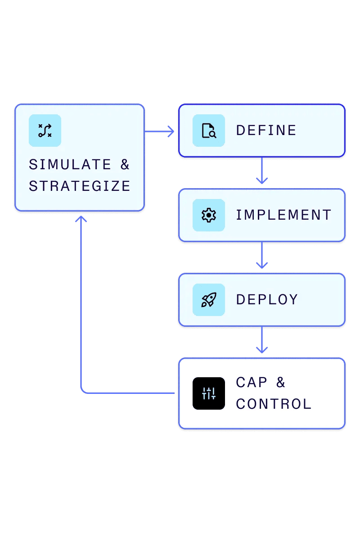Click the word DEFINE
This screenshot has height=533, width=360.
pyautogui.click(x=266, y=131)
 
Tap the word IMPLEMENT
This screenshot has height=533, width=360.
pyautogui.click(x=283, y=215)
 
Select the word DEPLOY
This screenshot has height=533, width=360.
pyautogui.click(x=267, y=300)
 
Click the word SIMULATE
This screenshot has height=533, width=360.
pyautogui.click(x=70, y=165)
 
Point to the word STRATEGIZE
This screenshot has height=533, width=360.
pyautogui.click(x=80, y=186)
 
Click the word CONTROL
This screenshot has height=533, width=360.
pyautogui.click(x=274, y=404)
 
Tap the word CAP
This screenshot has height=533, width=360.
pyautogui.click(x=252, y=383)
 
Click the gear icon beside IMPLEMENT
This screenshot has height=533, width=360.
pyautogui.click(x=209, y=215)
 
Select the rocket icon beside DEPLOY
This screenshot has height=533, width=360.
pyautogui.click(x=209, y=300)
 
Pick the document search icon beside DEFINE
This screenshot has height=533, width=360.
pyautogui.click(x=209, y=131)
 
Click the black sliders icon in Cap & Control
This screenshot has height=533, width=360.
pyautogui.click(x=209, y=393)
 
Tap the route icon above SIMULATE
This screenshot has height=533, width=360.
pyautogui.click(x=45, y=131)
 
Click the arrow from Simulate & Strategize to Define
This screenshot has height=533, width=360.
pyautogui.click(x=160, y=131)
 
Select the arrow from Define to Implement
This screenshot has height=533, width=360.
pyautogui.click(x=262, y=171)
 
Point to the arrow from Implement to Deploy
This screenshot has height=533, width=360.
pyautogui.click(x=262, y=256)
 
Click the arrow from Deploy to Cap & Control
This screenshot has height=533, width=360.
pyautogui.click(x=262, y=340)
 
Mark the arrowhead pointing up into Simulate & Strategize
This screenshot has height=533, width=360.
pyautogui.click(x=81, y=219)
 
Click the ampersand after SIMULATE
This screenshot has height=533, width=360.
pyautogui.click(x=125, y=165)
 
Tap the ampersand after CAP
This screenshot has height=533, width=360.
pyautogui.click(x=281, y=383)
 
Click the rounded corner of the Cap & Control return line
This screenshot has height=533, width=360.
pyautogui.click(x=83, y=391)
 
